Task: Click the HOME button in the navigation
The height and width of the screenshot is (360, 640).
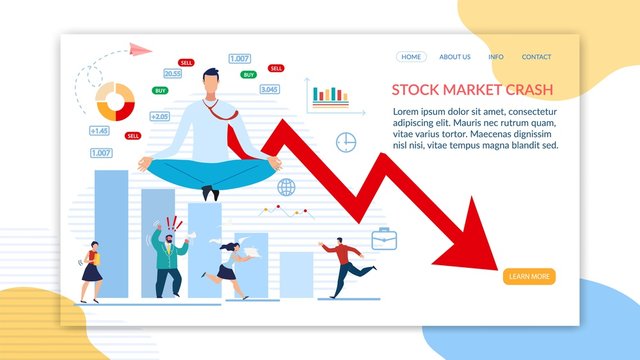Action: (411, 57)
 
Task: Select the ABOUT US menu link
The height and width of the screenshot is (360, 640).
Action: (455, 57)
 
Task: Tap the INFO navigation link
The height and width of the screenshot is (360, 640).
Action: (496, 57)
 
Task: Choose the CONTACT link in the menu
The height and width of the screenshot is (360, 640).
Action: (536, 57)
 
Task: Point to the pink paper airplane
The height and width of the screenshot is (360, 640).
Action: (139, 48)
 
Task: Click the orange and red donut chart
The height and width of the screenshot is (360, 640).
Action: (114, 100)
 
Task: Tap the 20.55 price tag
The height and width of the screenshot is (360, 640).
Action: (173, 73)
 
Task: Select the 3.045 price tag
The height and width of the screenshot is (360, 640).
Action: (269, 89)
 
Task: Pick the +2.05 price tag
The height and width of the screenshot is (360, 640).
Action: (160, 116)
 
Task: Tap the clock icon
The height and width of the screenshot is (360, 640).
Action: (346, 142)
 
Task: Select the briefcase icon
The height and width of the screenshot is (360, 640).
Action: (385, 238)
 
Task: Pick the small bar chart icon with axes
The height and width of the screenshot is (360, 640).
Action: (329, 95)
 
